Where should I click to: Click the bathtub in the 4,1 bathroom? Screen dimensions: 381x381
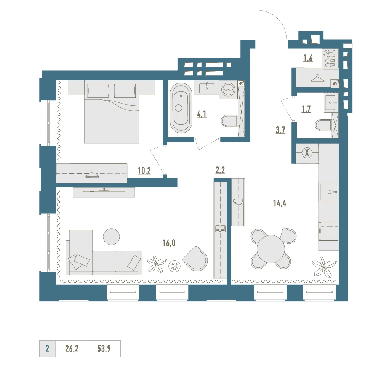[181, 108]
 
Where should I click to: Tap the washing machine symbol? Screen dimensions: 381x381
[229, 90]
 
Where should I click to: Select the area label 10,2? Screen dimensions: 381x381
[144, 171]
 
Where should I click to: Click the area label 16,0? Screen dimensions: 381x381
[169, 243]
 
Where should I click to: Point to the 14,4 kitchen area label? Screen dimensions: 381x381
[280, 203]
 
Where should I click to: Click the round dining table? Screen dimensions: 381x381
[271, 248]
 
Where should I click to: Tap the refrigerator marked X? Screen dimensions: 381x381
[307, 153]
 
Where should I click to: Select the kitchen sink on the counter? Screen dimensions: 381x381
[329, 192]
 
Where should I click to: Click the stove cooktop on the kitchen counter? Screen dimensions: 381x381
[328, 231]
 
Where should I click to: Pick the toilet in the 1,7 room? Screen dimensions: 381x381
[323, 125]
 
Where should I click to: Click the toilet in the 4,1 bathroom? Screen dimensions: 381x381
[229, 121]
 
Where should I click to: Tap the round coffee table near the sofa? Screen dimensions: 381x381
[111, 237]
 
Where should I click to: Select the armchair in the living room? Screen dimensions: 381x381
[195, 259]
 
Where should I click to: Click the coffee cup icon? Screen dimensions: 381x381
[238, 202]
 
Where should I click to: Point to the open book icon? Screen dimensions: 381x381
[220, 229]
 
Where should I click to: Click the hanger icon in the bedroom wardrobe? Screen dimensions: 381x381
[92, 174]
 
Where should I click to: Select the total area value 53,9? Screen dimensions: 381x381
[104, 349]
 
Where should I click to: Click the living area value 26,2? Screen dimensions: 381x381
[72, 349]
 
